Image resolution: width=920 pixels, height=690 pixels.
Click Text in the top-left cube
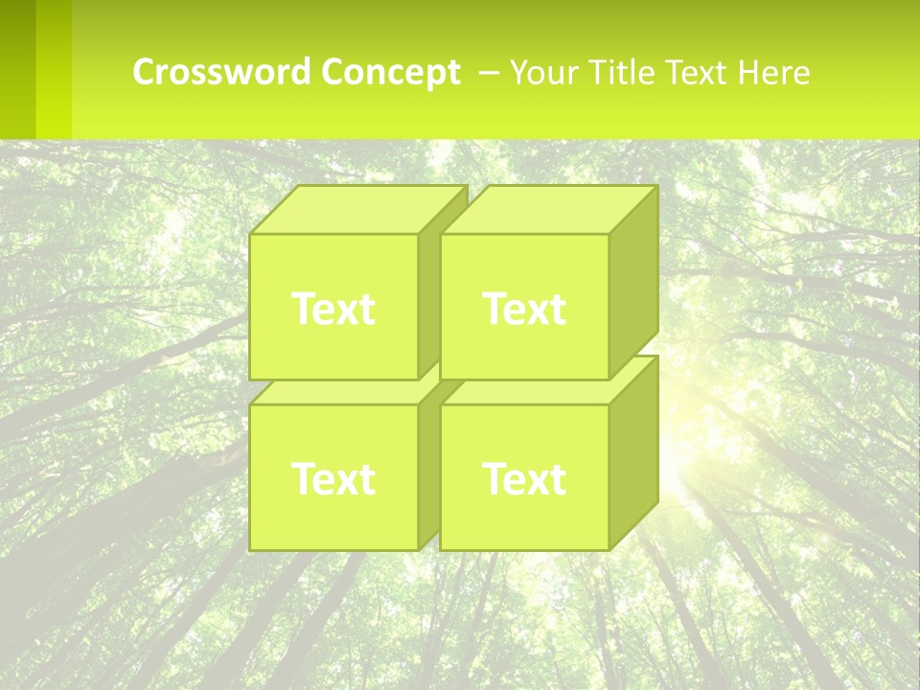[333, 309]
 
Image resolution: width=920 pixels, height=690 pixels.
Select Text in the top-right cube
[524, 309]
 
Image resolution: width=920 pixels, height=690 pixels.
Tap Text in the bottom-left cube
[333, 478]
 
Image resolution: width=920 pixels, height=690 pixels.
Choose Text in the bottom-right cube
[524, 478]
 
